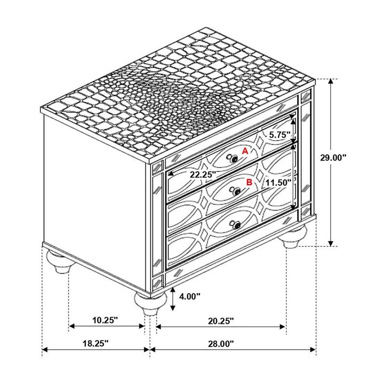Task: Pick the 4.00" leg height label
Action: coord(189,297)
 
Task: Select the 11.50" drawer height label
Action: coord(278,182)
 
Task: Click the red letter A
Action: coord(244,151)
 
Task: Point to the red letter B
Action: coord(249,182)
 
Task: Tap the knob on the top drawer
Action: coord(234,158)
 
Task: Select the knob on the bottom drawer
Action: coord(236,224)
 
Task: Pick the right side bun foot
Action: coord(295,238)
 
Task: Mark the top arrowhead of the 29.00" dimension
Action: coord(330,82)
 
